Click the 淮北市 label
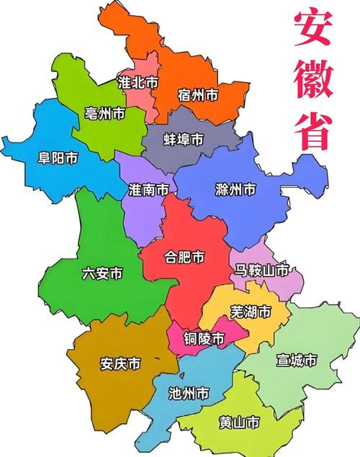(138, 83)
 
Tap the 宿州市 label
(198, 94)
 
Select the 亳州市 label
(104, 113)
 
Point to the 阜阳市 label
(48, 158)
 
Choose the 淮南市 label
(149, 190)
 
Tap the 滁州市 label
(235, 190)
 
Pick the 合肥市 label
(184, 257)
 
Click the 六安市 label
(102, 273)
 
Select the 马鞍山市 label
(262, 271)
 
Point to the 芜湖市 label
(251, 312)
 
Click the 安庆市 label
(120, 364)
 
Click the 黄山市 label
(238, 424)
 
